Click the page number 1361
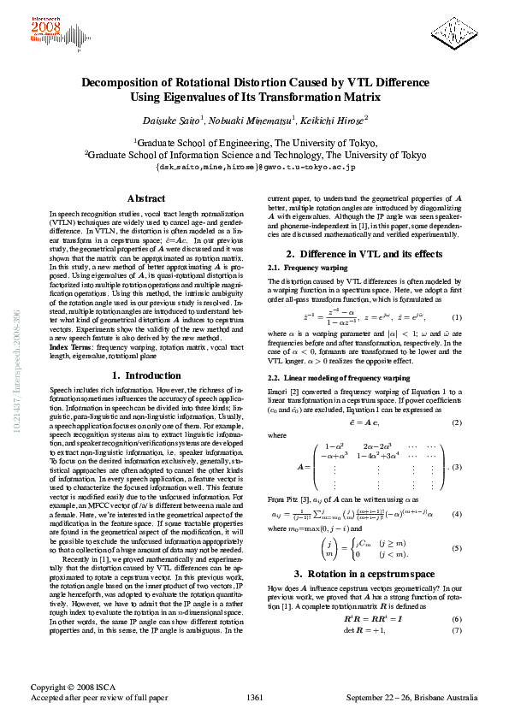[253, 698]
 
